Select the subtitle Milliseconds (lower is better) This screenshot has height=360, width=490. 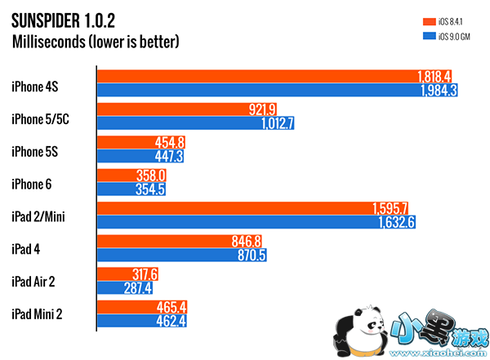(96, 40)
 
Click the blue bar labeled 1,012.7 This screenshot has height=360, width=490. (196, 123)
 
